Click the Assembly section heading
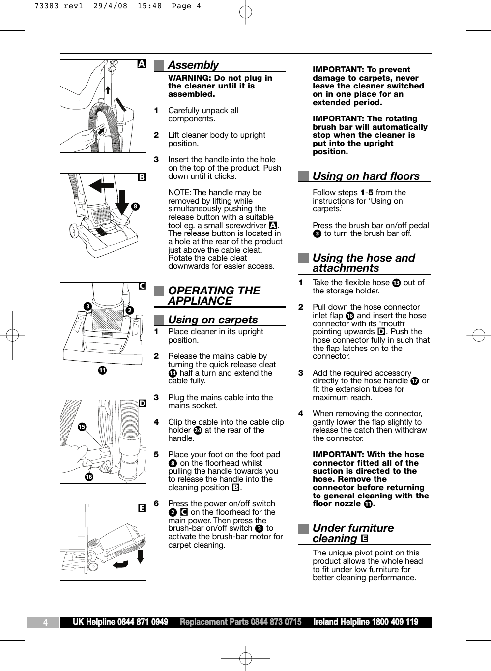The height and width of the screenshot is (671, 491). [x=193, y=65]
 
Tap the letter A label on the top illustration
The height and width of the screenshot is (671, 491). [x=142, y=64]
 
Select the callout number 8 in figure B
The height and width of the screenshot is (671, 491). [x=135, y=207]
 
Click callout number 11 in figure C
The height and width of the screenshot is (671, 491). [x=102, y=370]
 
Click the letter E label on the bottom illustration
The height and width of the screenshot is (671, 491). [x=142, y=508]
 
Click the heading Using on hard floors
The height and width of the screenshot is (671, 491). [x=366, y=176]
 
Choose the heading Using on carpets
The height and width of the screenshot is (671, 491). [x=212, y=320]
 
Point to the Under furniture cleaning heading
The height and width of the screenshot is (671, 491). [x=353, y=533]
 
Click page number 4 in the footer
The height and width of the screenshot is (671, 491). [x=45, y=623]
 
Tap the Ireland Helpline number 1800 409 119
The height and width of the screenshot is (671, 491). [x=366, y=622]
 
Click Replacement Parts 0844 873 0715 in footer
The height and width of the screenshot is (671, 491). [x=240, y=622]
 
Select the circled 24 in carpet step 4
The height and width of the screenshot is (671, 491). [x=197, y=430]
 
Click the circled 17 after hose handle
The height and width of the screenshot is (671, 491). [x=415, y=381]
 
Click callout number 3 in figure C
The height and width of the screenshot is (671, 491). [x=87, y=306]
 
